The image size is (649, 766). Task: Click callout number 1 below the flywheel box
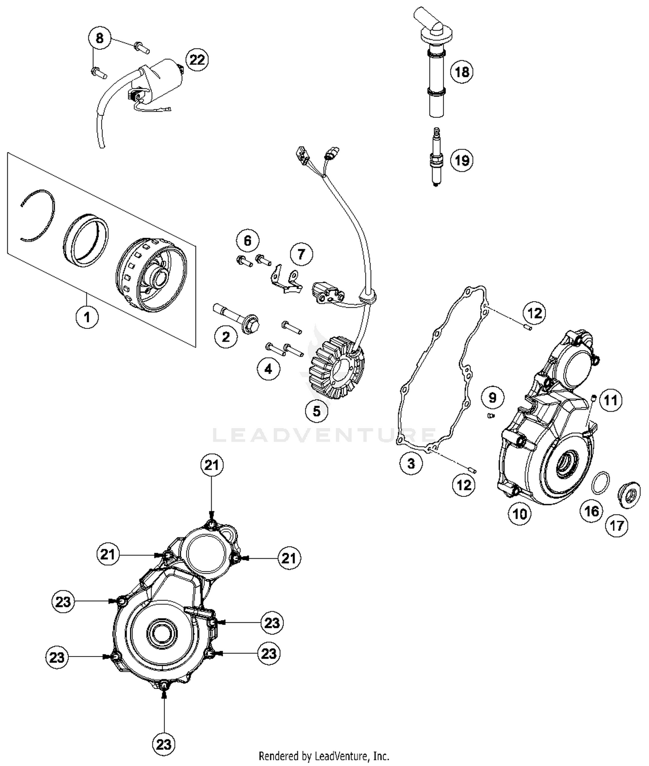[87, 317]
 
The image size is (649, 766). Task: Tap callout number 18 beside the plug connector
[462, 72]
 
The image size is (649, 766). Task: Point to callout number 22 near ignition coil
[197, 59]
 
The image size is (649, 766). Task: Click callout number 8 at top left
[100, 38]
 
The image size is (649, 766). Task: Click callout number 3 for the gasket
[411, 463]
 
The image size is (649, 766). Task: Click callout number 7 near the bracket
[301, 254]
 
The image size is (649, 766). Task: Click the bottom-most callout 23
[164, 744]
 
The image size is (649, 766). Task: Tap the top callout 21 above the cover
[212, 465]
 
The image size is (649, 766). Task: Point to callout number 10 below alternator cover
[519, 514]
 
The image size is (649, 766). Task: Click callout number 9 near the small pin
[492, 397]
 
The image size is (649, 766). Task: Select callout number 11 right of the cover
[610, 400]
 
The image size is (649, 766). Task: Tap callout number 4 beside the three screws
[268, 369]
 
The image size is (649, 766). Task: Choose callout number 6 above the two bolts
[247, 241]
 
